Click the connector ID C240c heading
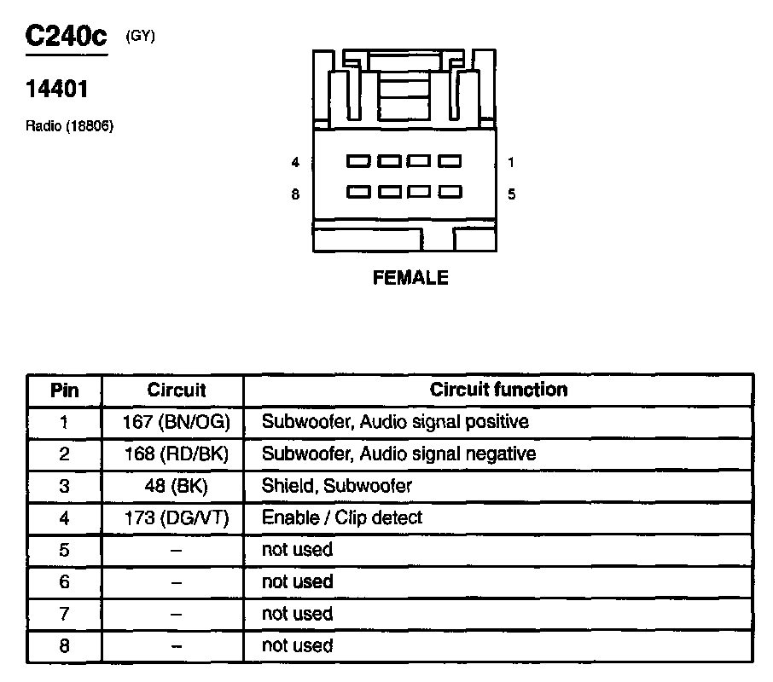click(x=67, y=37)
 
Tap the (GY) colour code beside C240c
click(x=140, y=36)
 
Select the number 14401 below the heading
click(x=58, y=89)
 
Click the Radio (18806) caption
click(x=70, y=126)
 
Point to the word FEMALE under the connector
click(x=410, y=278)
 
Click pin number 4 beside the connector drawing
click(x=295, y=162)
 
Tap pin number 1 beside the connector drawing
click(x=511, y=162)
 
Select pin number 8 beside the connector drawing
click(x=295, y=194)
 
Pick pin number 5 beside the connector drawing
click(x=511, y=194)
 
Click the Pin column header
click(x=65, y=390)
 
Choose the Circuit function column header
click(x=498, y=390)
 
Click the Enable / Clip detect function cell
click(x=341, y=517)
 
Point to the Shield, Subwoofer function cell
click(x=336, y=486)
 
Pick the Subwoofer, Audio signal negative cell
click(x=398, y=454)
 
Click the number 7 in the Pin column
click(x=65, y=614)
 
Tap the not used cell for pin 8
click(x=297, y=645)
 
